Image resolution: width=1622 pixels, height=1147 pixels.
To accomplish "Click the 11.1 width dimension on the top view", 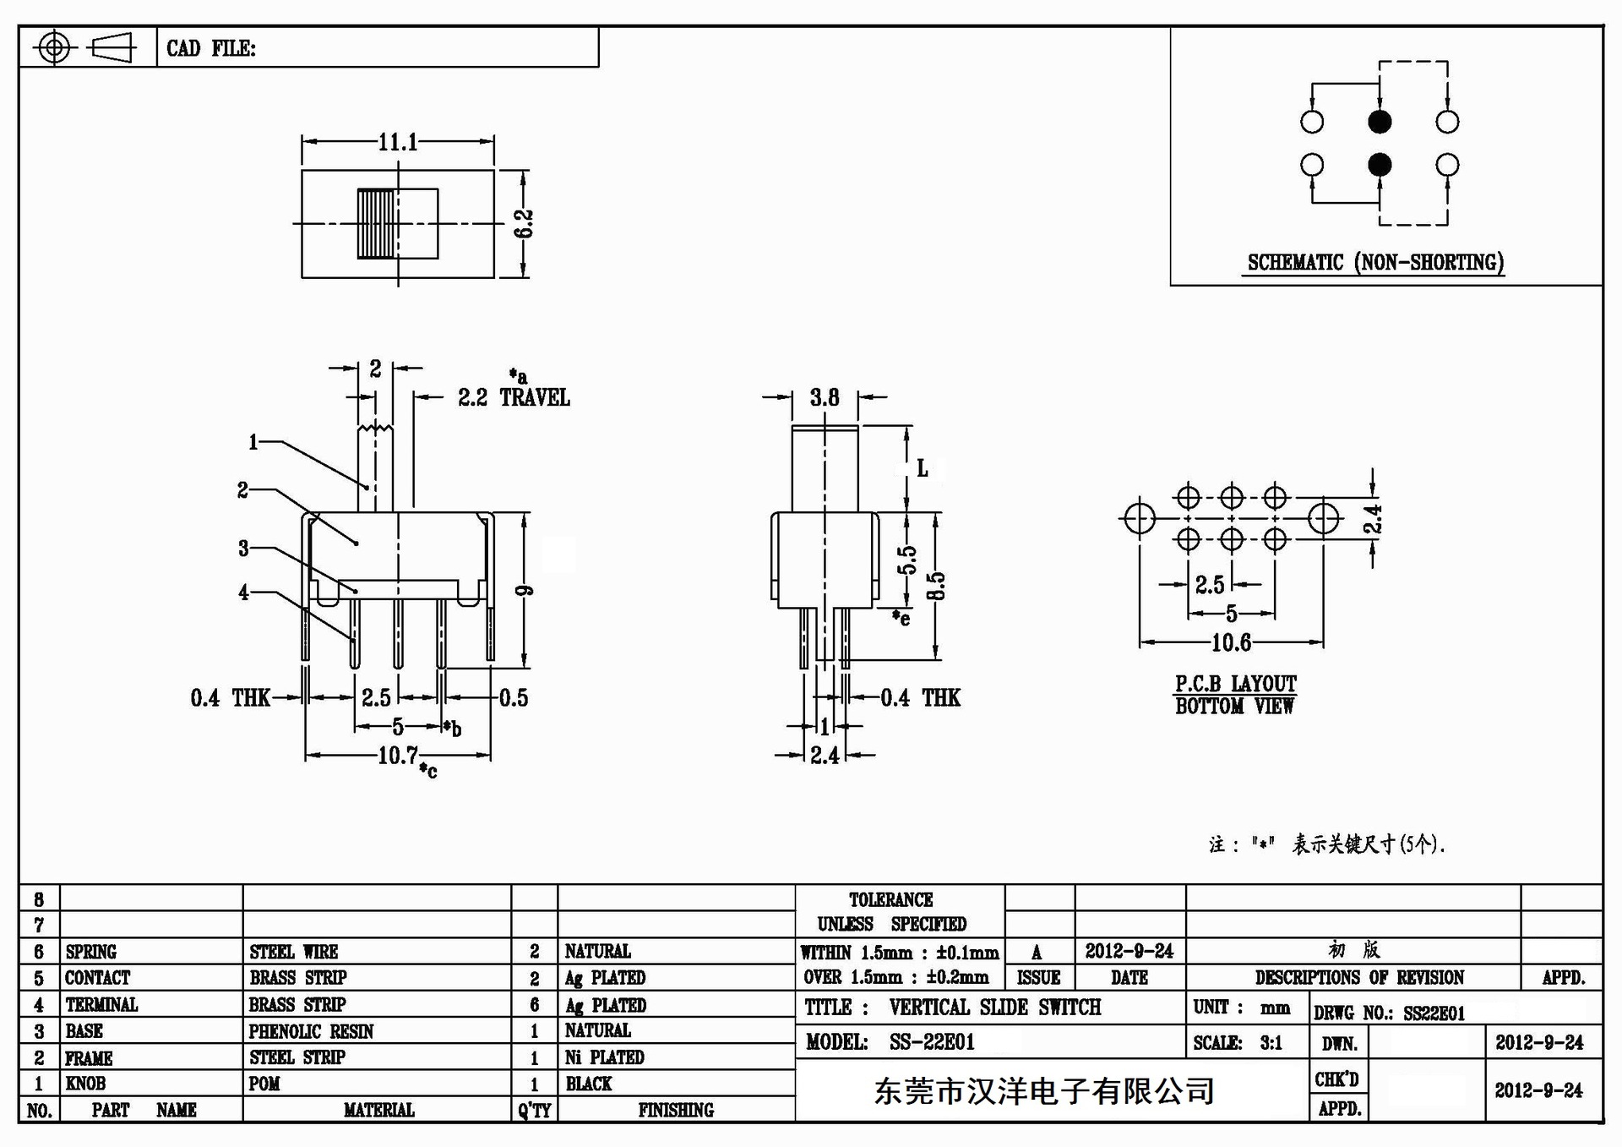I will [397, 142].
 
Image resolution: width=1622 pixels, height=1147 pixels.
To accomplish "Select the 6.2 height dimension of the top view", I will [524, 224].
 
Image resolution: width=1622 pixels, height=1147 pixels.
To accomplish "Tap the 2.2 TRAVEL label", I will [514, 397].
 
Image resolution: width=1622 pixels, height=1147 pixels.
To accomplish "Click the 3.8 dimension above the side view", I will [825, 397].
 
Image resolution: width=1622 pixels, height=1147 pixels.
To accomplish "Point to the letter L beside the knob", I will [923, 468].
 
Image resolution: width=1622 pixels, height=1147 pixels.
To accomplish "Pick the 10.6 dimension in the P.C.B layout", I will [1231, 643].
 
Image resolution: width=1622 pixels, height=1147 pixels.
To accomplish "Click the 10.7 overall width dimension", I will [397, 755].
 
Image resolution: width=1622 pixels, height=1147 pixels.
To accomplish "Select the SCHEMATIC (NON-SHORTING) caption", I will [1375, 263].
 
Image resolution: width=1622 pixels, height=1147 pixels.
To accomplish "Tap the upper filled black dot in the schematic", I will [1380, 122].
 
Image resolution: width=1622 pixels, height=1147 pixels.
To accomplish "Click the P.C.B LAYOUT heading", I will [1235, 683].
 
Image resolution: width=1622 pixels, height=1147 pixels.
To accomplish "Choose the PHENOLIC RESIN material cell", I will [310, 1031].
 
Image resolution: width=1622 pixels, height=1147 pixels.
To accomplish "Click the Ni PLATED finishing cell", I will [604, 1057].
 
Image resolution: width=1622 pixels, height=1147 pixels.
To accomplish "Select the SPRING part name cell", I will [91, 952].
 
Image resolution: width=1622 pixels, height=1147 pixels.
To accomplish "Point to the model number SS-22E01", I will [932, 1042].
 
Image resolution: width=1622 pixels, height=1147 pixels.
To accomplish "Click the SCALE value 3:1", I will [1271, 1043].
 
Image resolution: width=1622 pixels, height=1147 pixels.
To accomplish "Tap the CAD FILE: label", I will [211, 48].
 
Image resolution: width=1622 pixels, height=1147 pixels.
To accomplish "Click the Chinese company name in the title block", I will [1044, 1091].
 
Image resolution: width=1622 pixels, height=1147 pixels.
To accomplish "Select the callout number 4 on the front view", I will [243, 593].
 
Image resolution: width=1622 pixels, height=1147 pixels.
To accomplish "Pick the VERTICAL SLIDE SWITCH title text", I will [994, 1008].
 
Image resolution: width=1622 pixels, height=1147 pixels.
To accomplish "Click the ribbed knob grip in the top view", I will [376, 224].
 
